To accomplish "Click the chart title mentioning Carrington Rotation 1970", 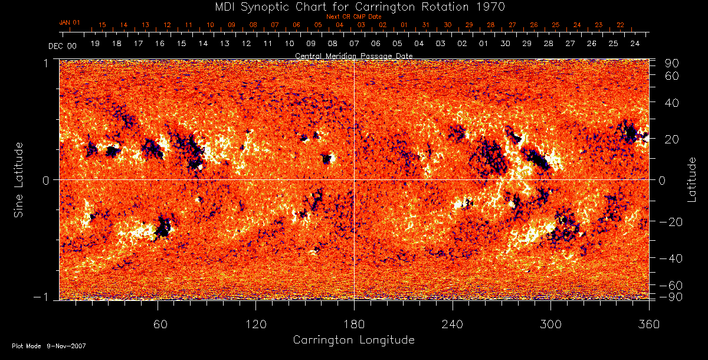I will (353, 6).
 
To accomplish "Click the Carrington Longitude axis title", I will (353, 340).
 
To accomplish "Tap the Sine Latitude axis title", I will (19, 179).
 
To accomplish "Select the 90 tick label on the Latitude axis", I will (673, 63).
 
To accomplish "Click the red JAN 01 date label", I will (70, 22).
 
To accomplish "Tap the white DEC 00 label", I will (63, 45).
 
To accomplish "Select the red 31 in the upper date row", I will (426, 25).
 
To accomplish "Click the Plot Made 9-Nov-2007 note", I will (49, 346).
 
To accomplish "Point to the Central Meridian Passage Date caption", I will (353, 55).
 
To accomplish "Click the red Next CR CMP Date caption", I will (353, 17).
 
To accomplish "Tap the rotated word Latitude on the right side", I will (691, 179).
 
